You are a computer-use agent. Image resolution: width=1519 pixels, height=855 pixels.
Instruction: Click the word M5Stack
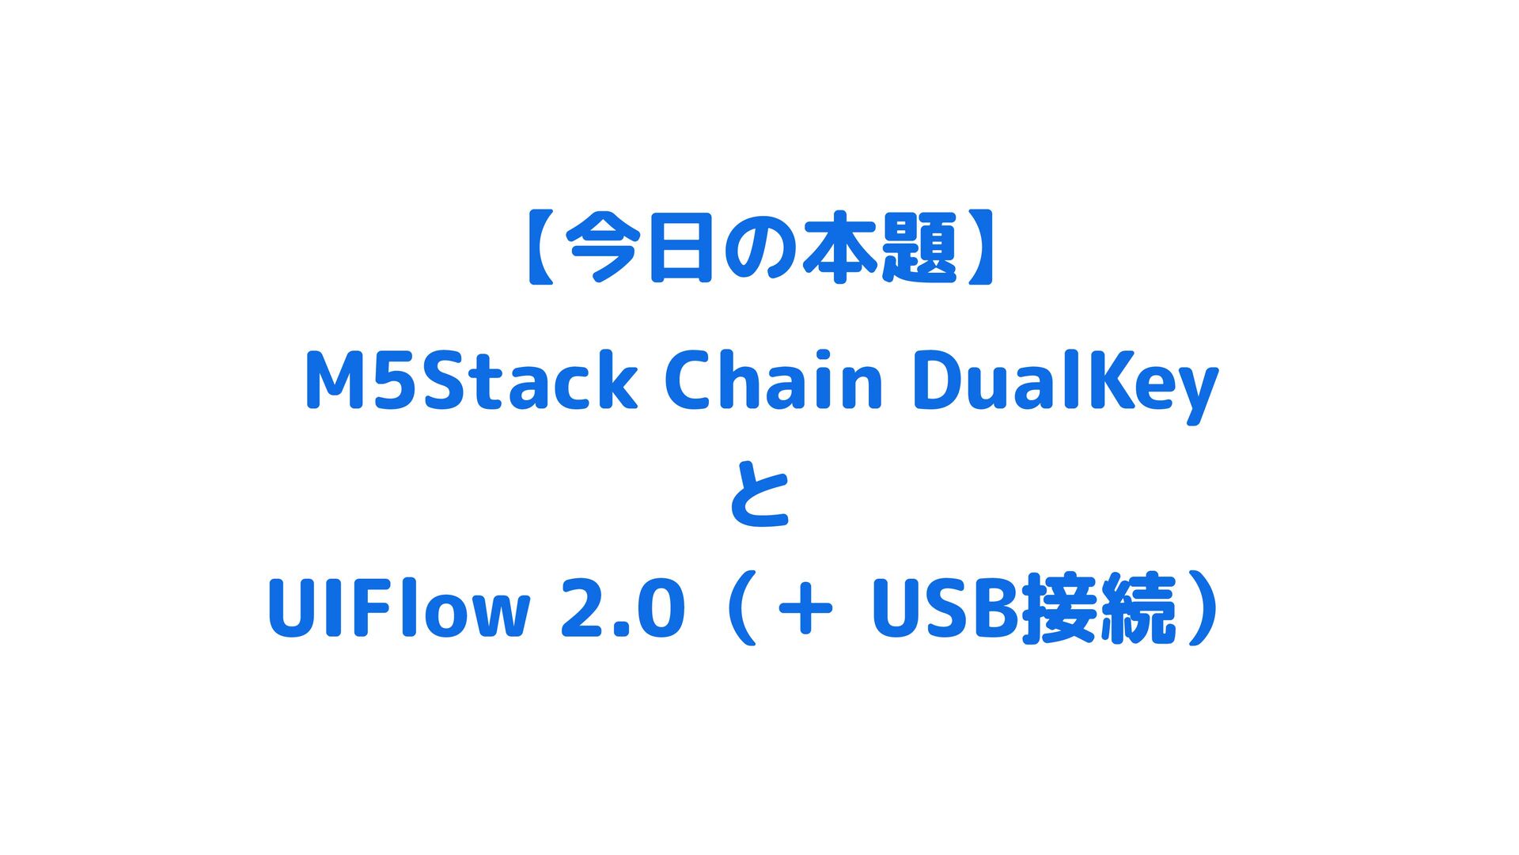471,382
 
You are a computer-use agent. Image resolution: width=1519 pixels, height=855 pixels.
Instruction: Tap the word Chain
773,382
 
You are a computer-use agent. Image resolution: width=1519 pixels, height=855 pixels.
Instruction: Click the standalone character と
759,496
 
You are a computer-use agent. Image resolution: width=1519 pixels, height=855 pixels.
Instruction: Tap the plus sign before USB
805,609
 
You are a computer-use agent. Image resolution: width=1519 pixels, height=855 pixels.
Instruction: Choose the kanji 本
838,249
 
